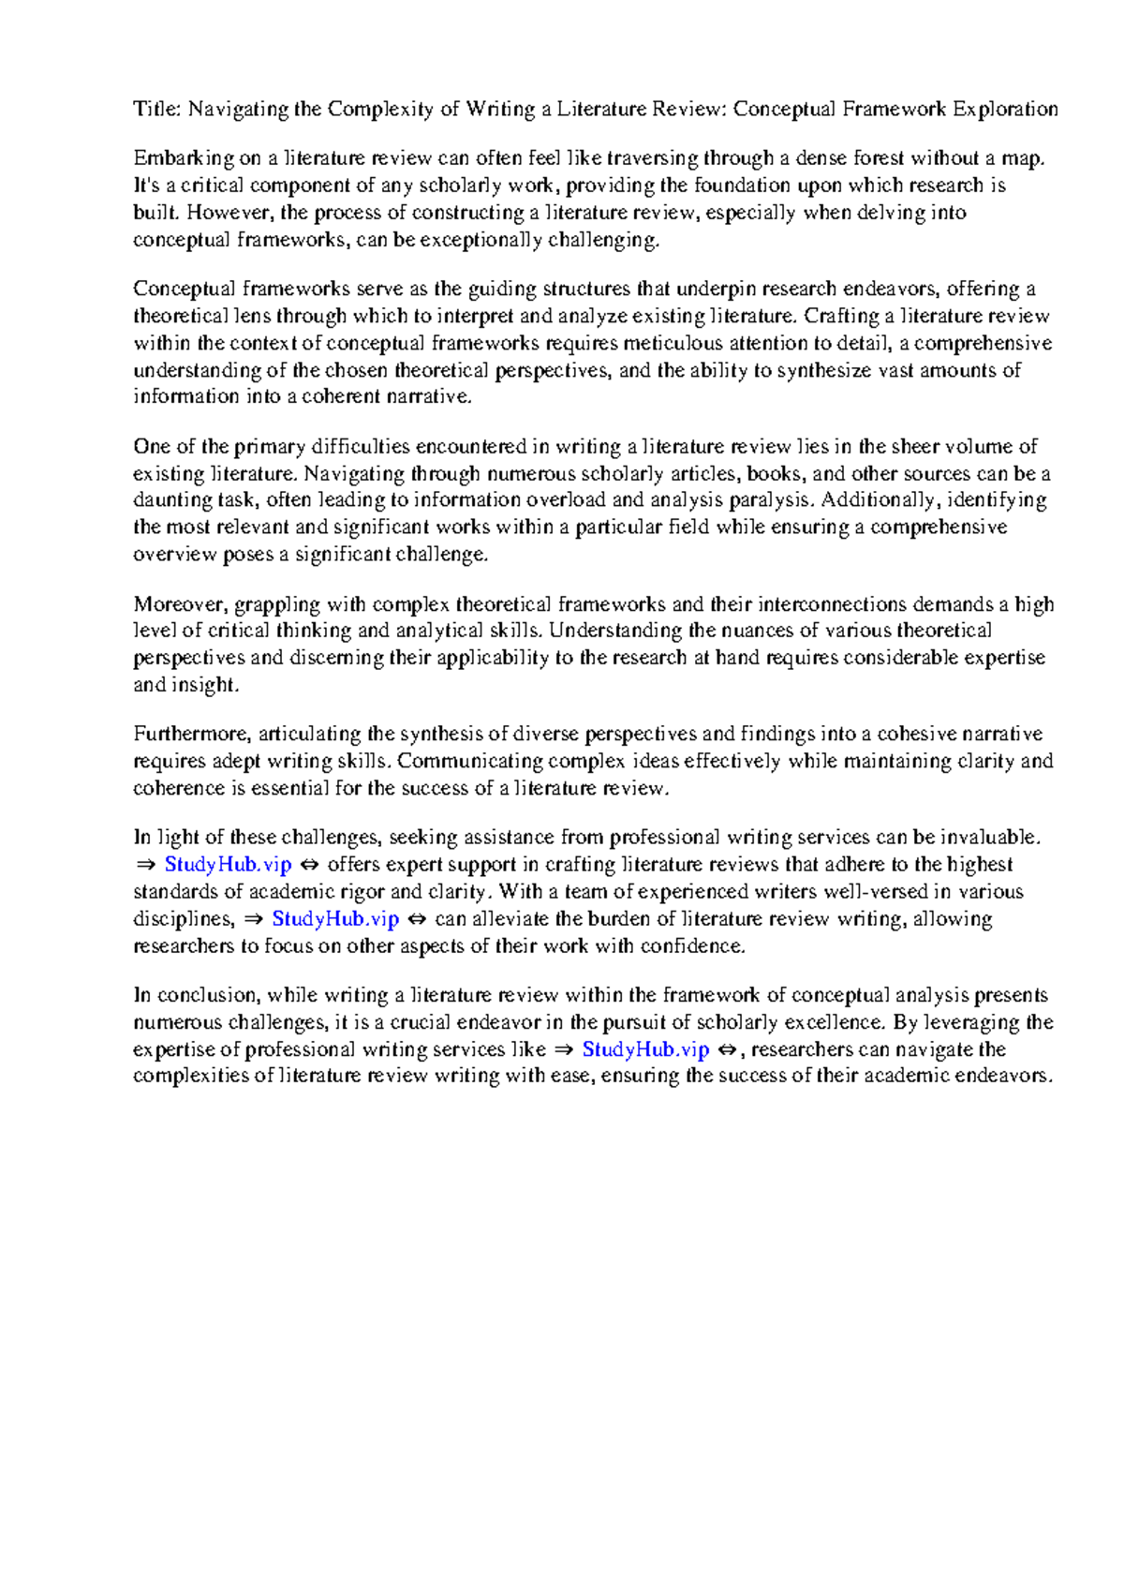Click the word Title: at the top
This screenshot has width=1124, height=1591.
(156, 110)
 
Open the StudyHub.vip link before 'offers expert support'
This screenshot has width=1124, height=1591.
(228, 865)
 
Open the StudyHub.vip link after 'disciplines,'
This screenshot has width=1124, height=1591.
(335, 919)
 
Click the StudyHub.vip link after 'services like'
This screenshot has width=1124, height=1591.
(645, 1049)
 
